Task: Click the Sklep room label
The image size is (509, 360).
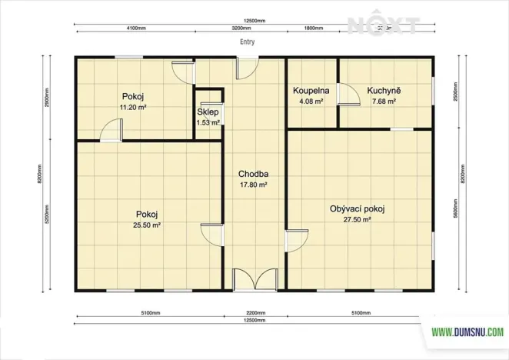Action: click(207, 112)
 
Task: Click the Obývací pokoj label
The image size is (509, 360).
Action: click(357, 209)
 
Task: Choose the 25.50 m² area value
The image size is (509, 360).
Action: click(147, 225)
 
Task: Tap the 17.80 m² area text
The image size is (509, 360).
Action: click(252, 185)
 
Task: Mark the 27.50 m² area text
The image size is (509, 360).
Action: click(357, 220)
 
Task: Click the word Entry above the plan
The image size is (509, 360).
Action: click(248, 43)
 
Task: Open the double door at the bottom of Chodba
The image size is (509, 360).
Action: click(254, 279)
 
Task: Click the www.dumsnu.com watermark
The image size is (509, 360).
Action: click(467, 333)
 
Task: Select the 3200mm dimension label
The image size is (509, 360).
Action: click(241, 27)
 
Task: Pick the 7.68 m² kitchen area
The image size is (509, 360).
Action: click(384, 101)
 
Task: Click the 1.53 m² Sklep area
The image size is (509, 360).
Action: click(208, 122)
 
